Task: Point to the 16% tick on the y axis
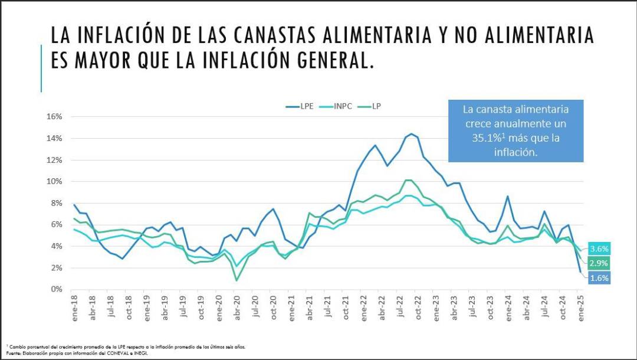pos(54,117)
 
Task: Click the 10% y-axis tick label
pos(54,182)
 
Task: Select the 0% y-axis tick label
pos(56,289)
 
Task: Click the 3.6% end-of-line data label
pos(599,248)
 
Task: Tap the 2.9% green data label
pos(599,263)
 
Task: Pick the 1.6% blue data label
pos(599,278)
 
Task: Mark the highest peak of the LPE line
pos(411,134)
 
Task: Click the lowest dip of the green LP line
pos(237,280)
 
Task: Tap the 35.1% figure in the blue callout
pos(482,138)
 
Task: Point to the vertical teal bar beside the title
pos(41,68)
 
